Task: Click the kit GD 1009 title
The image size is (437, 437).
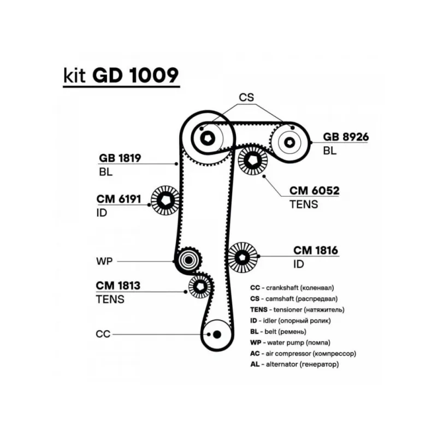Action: pos(117,76)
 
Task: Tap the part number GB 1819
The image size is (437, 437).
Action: pos(120,158)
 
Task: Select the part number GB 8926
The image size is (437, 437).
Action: pos(345,137)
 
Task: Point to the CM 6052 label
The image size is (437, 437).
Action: pos(314,191)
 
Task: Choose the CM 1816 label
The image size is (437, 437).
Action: pos(316,251)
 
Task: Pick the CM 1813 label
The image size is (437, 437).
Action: pos(118,285)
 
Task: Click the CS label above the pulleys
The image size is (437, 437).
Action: pos(247,98)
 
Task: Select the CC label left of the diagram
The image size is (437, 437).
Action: pos(103,334)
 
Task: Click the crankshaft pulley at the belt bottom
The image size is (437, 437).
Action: pos(216,334)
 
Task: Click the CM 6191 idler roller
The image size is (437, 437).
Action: pos(166,202)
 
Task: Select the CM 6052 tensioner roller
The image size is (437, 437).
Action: pos(253,161)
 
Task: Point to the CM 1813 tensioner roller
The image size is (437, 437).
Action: pos(200,286)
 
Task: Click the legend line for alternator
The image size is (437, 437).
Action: pos(294,364)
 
